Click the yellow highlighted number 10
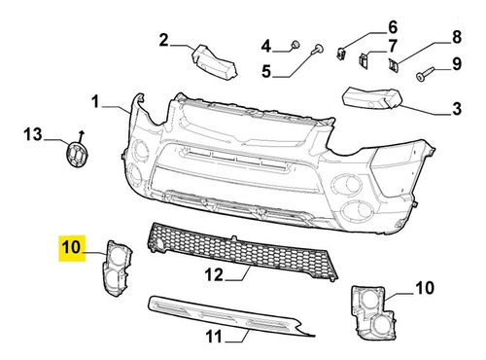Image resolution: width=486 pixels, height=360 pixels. [71, 248]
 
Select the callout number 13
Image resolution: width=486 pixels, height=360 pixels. [33, 134]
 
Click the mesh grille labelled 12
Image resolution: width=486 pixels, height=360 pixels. [242, 252]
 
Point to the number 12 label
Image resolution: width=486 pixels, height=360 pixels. [214, 275]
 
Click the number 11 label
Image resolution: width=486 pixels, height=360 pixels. [214, 336]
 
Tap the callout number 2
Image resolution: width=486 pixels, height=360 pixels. [164, 41]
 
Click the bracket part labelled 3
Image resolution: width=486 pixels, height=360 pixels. [372, 97]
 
